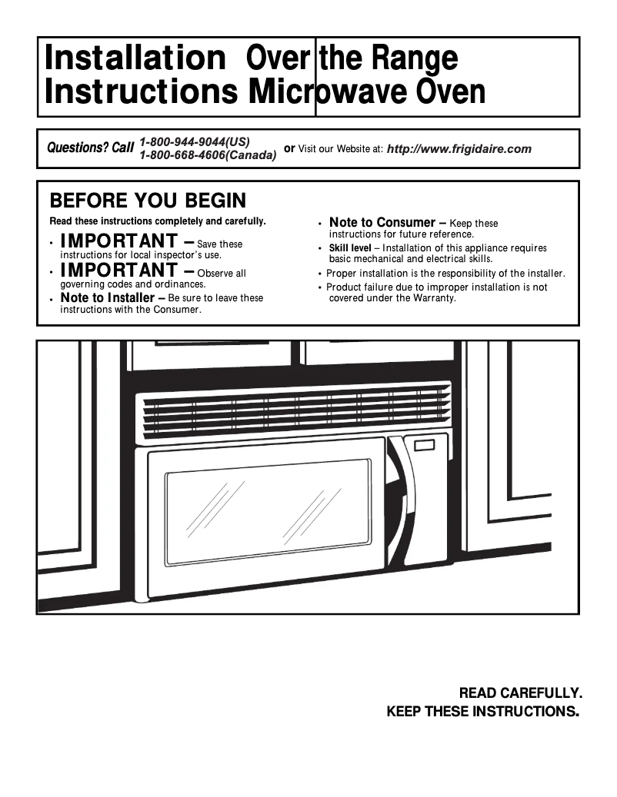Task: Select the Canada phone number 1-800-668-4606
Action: pos(208,155)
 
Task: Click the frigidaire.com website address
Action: pos(459,149)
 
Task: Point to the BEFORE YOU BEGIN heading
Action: pos(148,201)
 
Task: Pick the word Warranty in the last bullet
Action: pos(432,297)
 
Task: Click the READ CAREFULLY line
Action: pos(520,692)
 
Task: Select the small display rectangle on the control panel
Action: pos(424,445)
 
